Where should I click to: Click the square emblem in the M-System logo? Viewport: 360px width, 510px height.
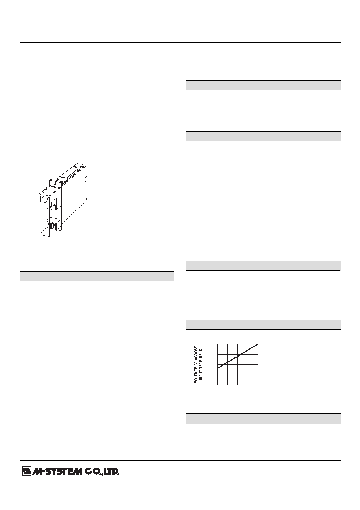[27, 471]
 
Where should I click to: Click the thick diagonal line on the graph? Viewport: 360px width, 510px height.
[238, 356]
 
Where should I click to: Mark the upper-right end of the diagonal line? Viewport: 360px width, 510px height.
[259, 344]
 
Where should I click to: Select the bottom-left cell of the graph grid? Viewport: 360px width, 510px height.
[222, 380]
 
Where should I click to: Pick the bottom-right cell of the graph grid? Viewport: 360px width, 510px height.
[253, 380]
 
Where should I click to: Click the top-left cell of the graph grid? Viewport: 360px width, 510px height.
[222, 349]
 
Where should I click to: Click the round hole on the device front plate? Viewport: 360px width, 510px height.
[54, 183]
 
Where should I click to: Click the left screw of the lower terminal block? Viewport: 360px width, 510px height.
[49, 225]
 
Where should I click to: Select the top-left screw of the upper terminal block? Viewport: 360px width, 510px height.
[43, 197]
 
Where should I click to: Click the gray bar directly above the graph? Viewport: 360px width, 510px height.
[263, 324]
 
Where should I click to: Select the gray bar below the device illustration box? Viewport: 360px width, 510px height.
[97, 276]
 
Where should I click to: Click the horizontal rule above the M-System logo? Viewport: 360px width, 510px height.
[180, 461]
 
